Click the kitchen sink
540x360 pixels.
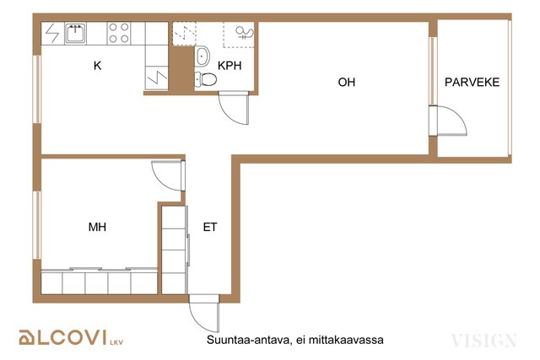coord(75,33)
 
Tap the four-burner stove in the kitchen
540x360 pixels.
coord(119,33)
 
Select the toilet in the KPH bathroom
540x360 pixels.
coord(205,79)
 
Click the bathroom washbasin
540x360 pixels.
coord(202,56)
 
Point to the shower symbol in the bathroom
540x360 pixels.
coord(245,33)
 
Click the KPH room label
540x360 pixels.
coord(229,66)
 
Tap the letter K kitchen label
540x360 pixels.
coord(98,66)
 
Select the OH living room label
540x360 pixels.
coord(347,83)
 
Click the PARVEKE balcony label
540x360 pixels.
coord(472,83)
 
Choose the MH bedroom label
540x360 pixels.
coord(97,227)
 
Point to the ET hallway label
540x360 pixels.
coord(210,227)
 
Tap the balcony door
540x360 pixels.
coord(448,121)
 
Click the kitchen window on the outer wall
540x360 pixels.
coord(37,89)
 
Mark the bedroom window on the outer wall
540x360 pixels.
coord(37,225)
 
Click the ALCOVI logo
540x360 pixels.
coord(71,337)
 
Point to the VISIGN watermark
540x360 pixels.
coord(483,341)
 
